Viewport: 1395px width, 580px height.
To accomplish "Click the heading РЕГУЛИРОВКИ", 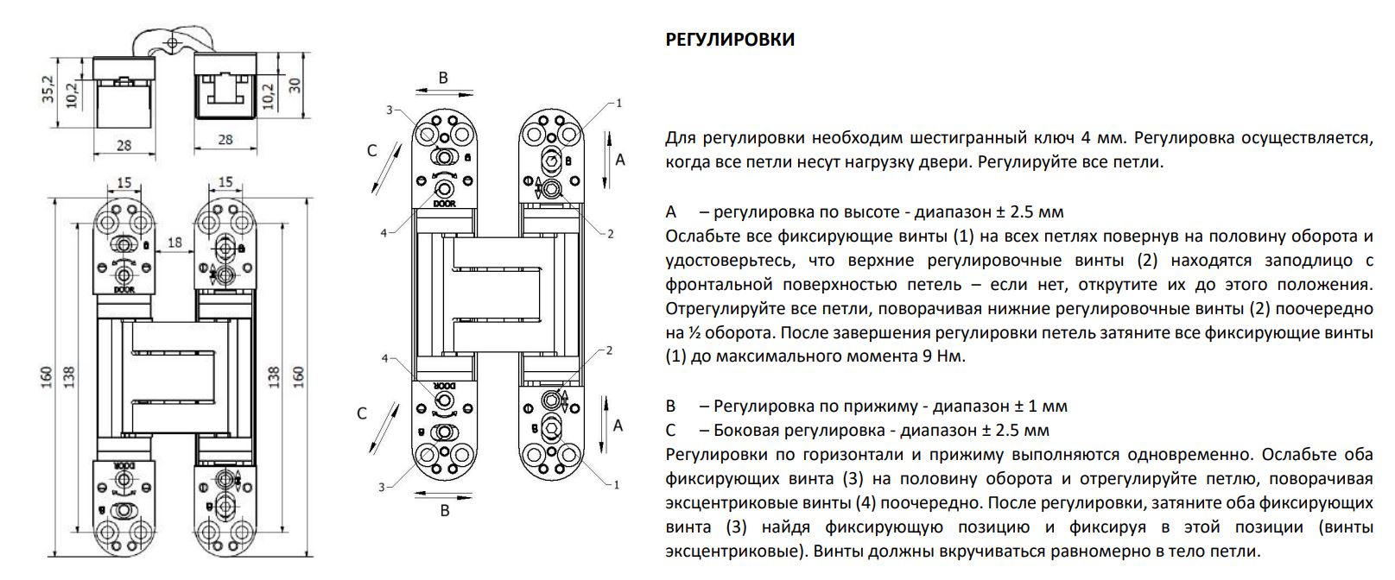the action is [730, 40].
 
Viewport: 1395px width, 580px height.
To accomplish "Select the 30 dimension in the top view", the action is [295, 85].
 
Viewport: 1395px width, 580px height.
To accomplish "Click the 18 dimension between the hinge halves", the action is [175, 242].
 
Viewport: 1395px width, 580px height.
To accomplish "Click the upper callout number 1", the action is [618, 104].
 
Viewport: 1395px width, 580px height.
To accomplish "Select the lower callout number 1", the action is [617, 485].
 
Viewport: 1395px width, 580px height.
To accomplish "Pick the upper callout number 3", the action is [390, 110].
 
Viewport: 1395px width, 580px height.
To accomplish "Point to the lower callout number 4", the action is [385, 358].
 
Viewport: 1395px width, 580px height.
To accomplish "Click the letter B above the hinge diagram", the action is [443, 78].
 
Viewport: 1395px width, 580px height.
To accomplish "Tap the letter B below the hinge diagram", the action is [445, 511].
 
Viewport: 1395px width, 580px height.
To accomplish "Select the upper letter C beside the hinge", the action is [371, 150].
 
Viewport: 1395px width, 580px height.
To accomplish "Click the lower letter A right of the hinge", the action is [618, 426].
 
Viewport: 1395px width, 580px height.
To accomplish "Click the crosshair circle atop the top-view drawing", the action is [173, 42].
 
